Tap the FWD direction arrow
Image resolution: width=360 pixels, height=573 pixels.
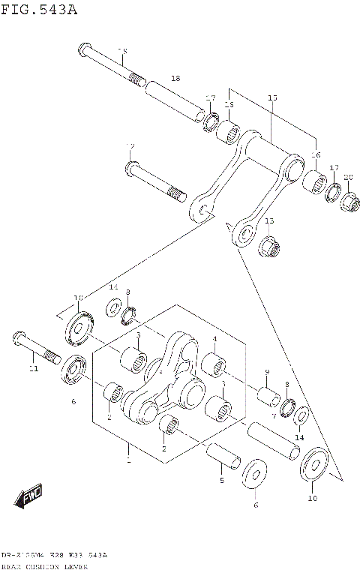29,496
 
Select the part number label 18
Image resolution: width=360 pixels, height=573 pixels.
175,78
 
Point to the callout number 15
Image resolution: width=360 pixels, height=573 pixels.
272,98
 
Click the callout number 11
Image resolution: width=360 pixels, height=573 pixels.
32,368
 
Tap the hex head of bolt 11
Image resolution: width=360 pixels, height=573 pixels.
19,338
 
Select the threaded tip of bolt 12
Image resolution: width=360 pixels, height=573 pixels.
176,194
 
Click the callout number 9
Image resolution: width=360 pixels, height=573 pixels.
266,373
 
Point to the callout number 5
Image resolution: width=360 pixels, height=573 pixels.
221,480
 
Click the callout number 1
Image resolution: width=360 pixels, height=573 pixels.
128,460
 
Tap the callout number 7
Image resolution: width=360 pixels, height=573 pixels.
274,415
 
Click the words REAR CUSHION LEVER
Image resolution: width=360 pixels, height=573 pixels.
45,567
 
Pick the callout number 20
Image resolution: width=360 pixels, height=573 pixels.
348,177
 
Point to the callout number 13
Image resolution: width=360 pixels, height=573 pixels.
269,220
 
